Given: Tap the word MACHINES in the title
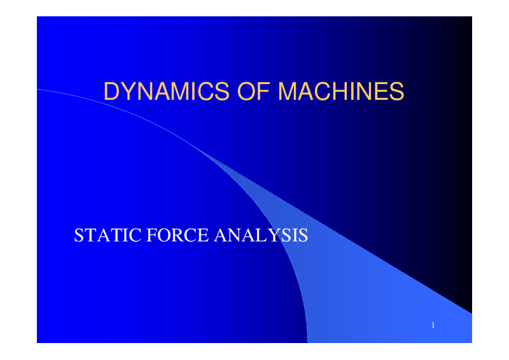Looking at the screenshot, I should pyautogui.click(x=340, y=91).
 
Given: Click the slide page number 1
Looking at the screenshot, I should pyautogui.click(x=433, y=326).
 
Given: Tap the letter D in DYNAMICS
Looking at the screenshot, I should pyautogui.click(x=111, y=91).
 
